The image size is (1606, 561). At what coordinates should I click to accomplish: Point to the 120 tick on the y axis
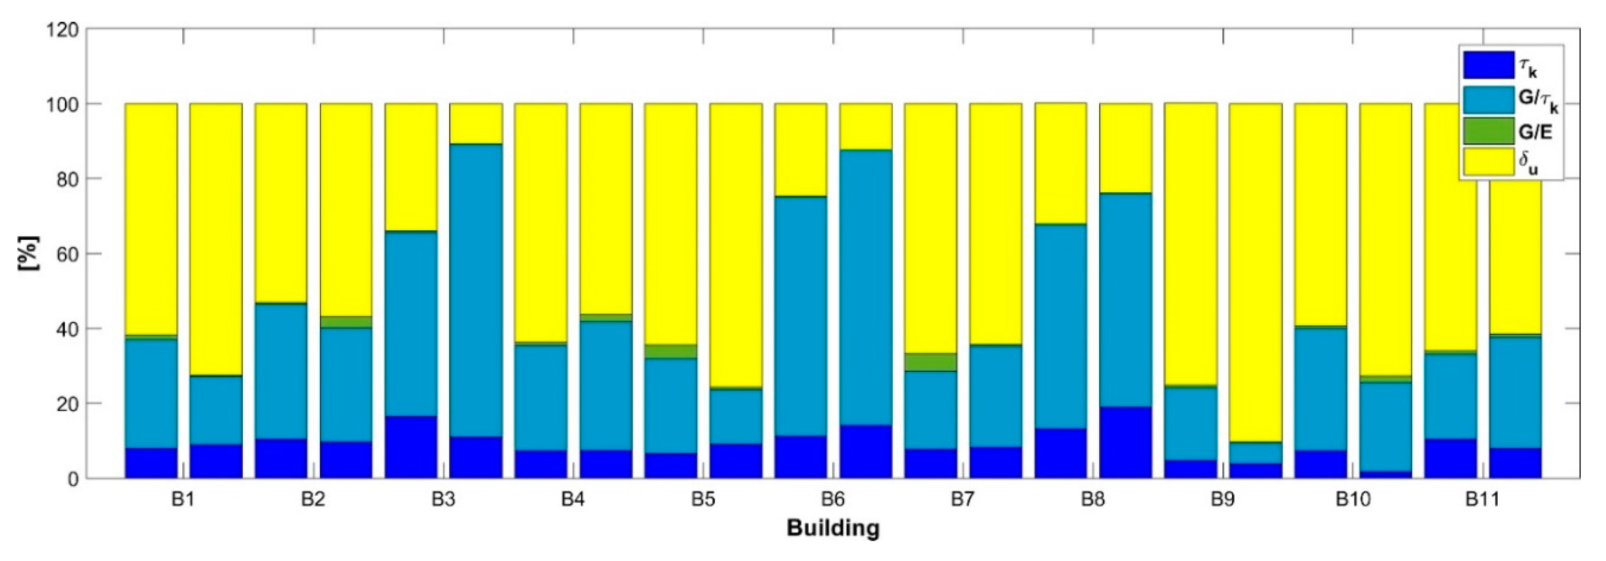pos(62,29)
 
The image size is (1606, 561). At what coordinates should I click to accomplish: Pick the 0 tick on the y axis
pos(73,479)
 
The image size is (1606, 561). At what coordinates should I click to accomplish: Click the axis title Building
pos(833,528)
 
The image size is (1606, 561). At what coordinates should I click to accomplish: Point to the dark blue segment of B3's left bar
pos(411,447)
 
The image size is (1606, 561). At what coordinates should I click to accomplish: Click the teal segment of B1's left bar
pos(151,393)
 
